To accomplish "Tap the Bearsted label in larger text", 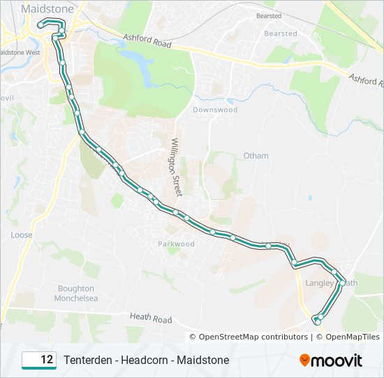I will click(281, 33).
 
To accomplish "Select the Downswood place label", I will click(215, 110).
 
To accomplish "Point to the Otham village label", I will click(256, 155).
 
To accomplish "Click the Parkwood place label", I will click(176, 244).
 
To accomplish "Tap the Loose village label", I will click(21, 235).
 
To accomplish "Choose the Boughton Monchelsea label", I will click(76, 293).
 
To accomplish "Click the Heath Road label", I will click(150, 319).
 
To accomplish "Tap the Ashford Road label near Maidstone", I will click(147, 43).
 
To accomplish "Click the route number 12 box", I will click(39, 360).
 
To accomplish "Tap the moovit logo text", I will click(337, 360).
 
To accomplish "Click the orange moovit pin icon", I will click(305, 360).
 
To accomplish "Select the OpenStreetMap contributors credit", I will click(253, 337).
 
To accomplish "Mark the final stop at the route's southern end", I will click(317, 321).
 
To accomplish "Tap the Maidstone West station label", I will click(20, 52).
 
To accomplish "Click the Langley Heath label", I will click(332, 283).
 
